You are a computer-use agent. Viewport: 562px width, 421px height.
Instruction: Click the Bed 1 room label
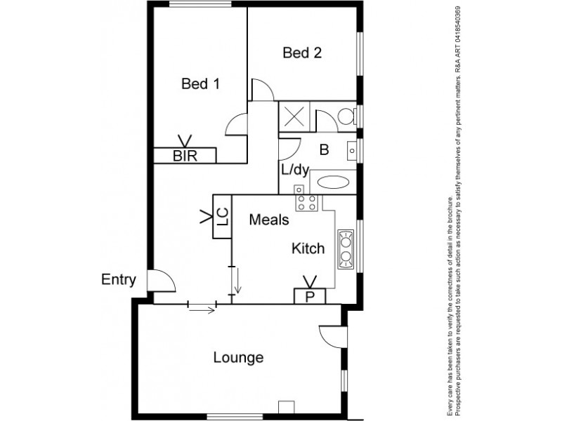pyautogui.click(x=200, y=84)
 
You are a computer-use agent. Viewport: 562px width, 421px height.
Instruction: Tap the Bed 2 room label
pyautogui.click(x=302, y=53)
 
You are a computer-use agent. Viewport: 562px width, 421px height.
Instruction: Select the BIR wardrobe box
pyautogui.click(x=185, y=156)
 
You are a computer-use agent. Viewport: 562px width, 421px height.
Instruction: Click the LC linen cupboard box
pyautogui.click(x=221, y=217)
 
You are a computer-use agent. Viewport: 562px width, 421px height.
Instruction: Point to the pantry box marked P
pyautogui.click(x=309, y=296)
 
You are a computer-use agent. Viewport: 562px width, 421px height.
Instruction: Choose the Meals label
pyautogui.click(x=269, y=220)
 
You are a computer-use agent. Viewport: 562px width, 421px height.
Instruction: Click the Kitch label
pyautogui.click(x=308, y=248)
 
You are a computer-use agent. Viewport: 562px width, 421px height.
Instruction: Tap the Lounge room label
pyautogui.click(x=238, y=358)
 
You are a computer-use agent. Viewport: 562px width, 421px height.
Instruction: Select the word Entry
pyautogui.click(x=118, y=280)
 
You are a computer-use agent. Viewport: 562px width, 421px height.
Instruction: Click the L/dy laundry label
pyautogui.click(x=295, y=171)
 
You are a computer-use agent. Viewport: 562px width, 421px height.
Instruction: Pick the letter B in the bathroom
pyautogui.click(x=324, y=149)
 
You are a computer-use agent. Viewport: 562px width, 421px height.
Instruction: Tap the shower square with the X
pyautogui.click(x=295, y=116)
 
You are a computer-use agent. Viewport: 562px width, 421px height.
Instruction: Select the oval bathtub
pyautogui.click(x=333, y=182)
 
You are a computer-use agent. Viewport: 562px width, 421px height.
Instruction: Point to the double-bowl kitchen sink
pyautogui.click(x=346, y=249)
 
